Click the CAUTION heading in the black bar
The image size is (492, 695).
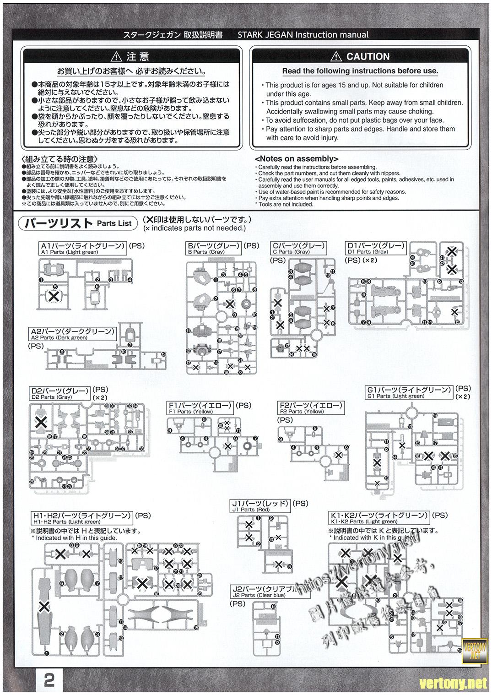click(368, 56)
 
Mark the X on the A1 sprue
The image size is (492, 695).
click(54, 296)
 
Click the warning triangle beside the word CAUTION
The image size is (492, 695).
click(337, 57)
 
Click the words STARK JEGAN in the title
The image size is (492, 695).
click(265, 35)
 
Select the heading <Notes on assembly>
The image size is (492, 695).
click(296, 159)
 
